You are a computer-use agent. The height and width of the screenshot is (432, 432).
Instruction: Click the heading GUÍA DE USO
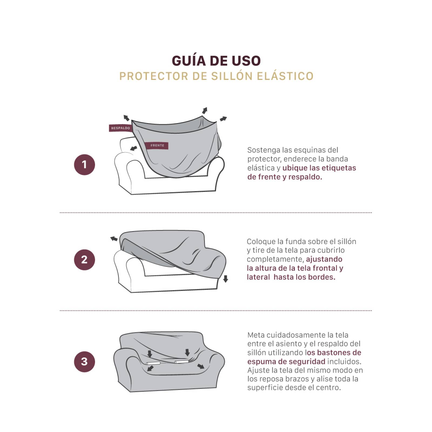click(x=216, y=61)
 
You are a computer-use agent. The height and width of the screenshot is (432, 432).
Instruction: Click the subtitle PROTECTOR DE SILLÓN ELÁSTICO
click(x=216, y=76)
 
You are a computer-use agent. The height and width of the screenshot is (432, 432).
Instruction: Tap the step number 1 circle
click(x=85, y=164)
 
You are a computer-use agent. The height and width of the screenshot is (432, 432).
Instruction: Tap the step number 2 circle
click(x=85, y=259)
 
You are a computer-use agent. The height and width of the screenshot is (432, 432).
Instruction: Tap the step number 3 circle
click(x=85, y=361)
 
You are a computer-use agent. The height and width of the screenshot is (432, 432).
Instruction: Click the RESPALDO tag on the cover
click(x=120, y=128)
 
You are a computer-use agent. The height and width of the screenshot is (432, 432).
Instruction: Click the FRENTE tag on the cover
click(x=157, y=145)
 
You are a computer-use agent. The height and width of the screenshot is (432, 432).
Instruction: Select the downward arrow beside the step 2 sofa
click(x=226, y=279)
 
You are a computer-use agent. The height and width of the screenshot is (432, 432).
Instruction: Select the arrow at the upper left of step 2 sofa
click(x=114, y=239)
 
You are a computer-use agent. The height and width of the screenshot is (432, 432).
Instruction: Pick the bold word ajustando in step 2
click(x=324, y=259)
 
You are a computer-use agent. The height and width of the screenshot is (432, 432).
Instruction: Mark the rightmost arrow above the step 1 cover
click(x=223, y=119)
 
